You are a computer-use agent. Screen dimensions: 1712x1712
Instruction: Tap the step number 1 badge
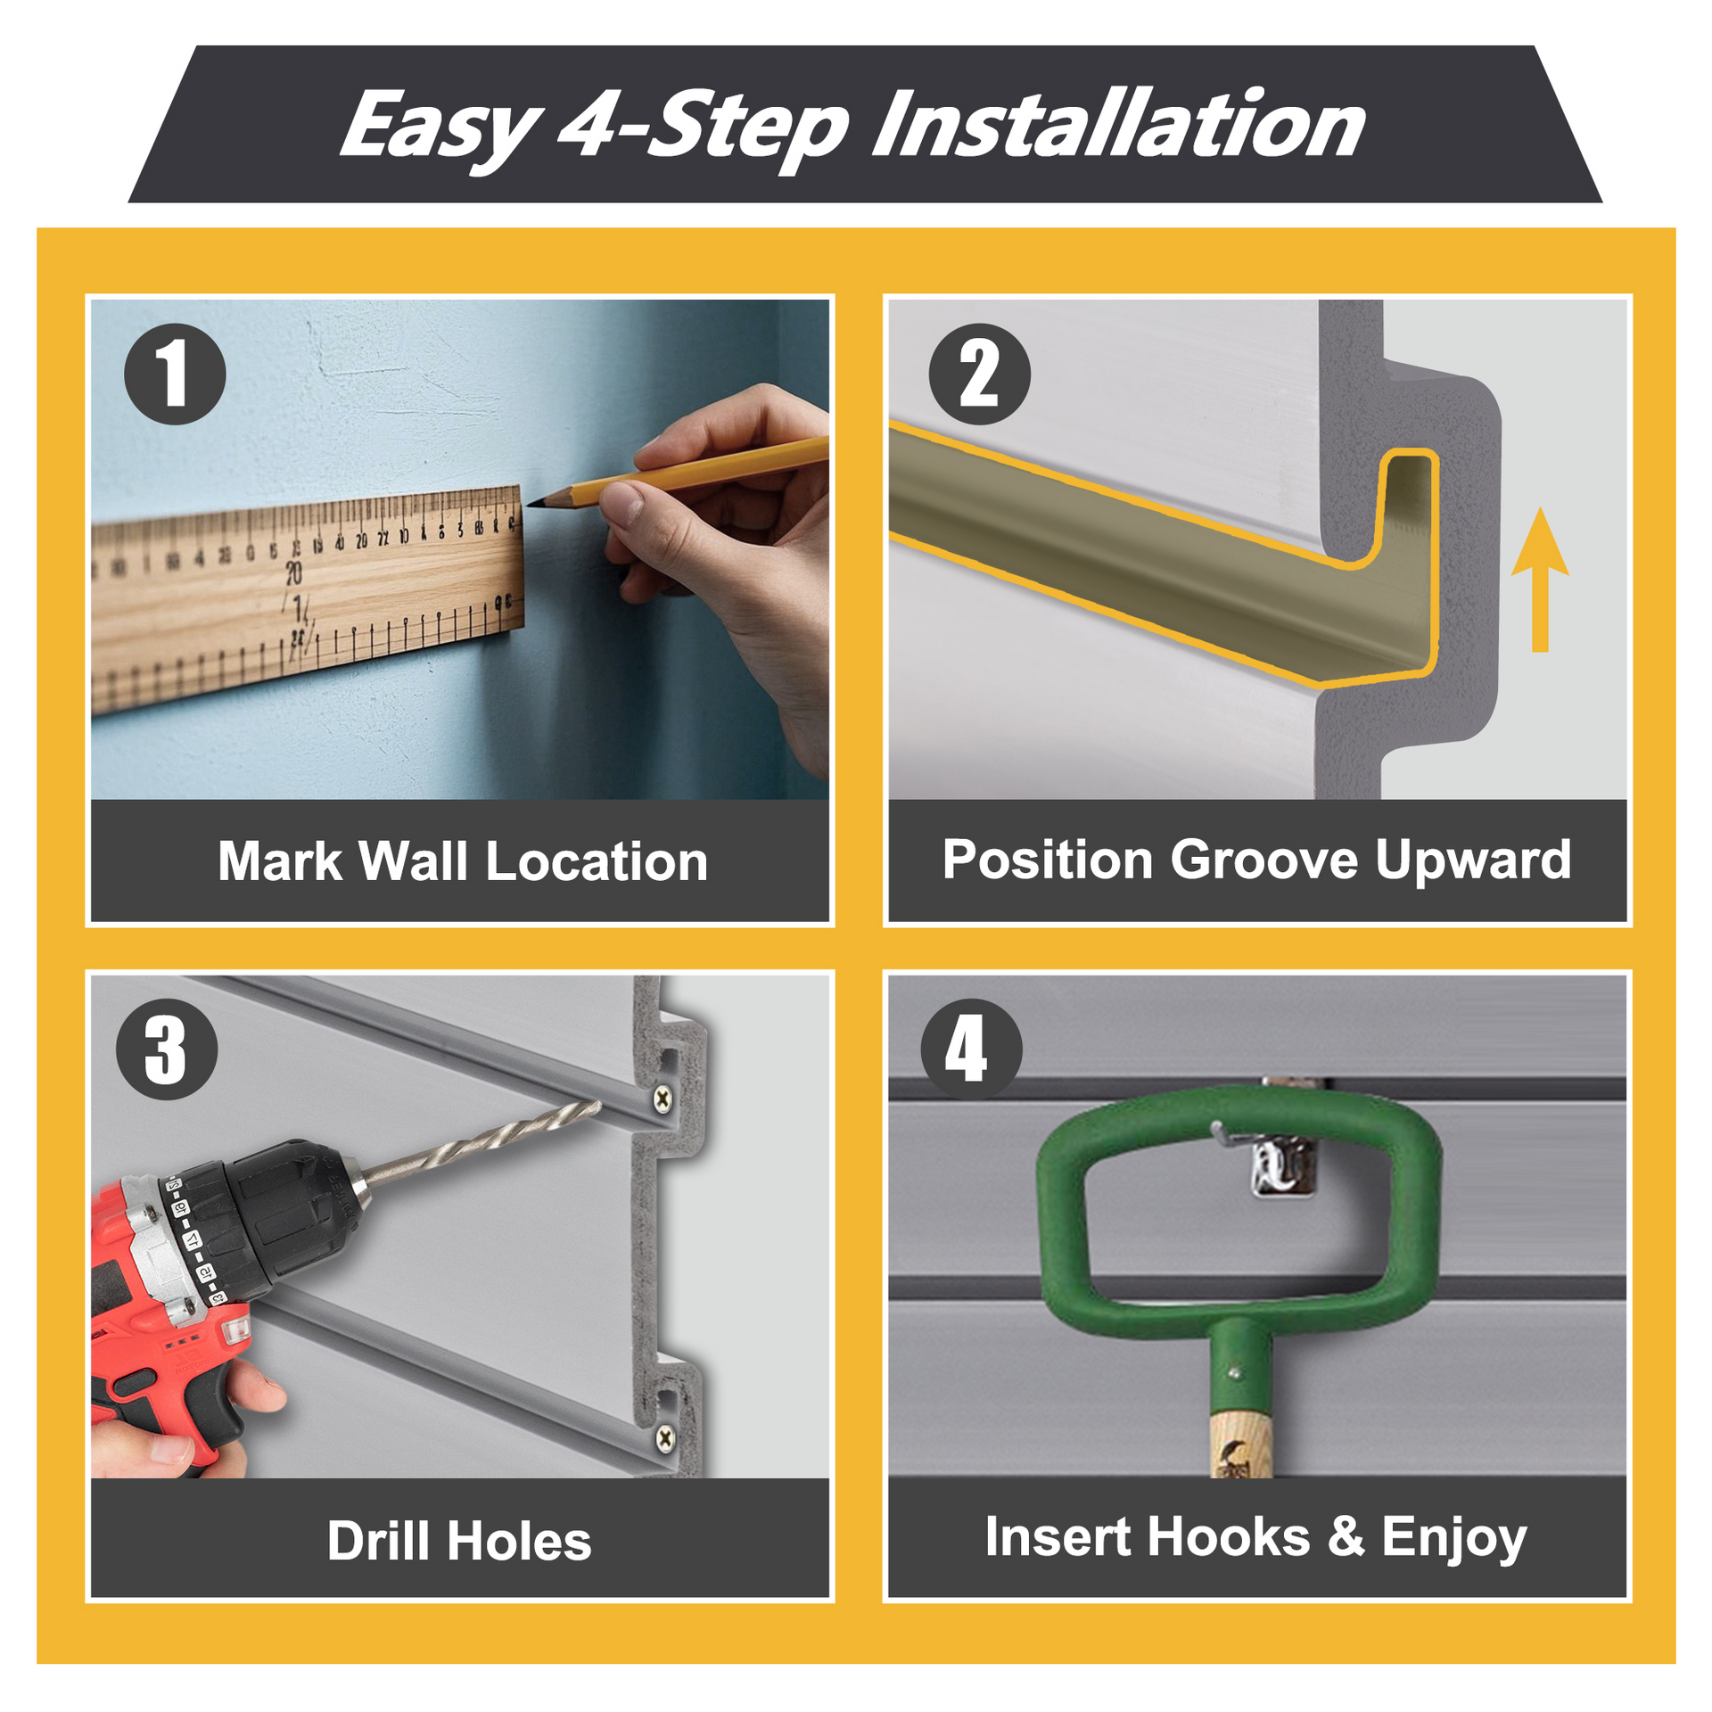(175, 374)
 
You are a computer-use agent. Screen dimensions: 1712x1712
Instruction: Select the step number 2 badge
(979, 374)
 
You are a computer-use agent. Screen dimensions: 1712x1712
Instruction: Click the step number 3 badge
(167, 1049)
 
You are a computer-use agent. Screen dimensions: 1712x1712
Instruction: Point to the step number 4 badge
(971, 1049)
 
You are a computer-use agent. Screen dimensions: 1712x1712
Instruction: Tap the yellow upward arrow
(1539, 580)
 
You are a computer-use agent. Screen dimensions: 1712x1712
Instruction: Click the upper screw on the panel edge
(663, 1099)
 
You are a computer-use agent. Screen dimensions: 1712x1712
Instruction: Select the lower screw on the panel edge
(665, 1436)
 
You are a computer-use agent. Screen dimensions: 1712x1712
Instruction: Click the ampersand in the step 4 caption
(1346, 1536)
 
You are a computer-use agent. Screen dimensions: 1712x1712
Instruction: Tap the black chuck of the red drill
(285, 1213)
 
